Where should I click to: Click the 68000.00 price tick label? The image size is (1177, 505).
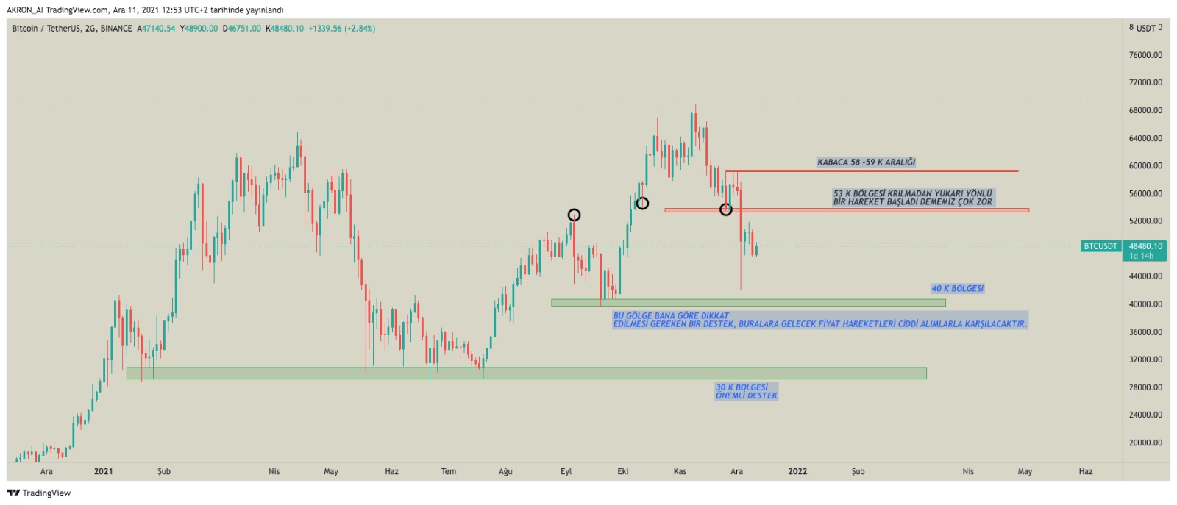click(x=1145, y=110)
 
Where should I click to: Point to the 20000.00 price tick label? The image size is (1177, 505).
click(x=1145, y=443)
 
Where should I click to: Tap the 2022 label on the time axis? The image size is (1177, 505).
click(x=797, y=471)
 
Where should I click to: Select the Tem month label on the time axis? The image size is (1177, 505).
click(x=448, y=471)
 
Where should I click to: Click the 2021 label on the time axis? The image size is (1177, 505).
click(x=104, y=471)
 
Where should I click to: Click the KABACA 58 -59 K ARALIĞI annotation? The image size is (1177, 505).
click(x=866, y=162)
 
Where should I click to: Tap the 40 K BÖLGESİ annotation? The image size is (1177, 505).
click(x=957, y=288)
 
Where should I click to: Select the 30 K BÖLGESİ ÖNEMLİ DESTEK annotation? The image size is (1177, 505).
click(x=746, y=392)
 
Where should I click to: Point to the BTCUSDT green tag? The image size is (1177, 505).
click(x=1100, y=246)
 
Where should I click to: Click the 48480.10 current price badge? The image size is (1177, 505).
click(x=1145, y=246)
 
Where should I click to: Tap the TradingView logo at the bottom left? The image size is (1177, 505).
click(x=39, y=493)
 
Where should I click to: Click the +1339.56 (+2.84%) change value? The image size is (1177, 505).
click(x=341, y=29)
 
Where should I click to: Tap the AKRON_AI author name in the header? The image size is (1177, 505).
click(x=25, y=10)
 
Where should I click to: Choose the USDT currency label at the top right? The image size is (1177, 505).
click(x=1146, y=29)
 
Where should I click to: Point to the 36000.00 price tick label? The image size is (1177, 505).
click(x=1145, y=332)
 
